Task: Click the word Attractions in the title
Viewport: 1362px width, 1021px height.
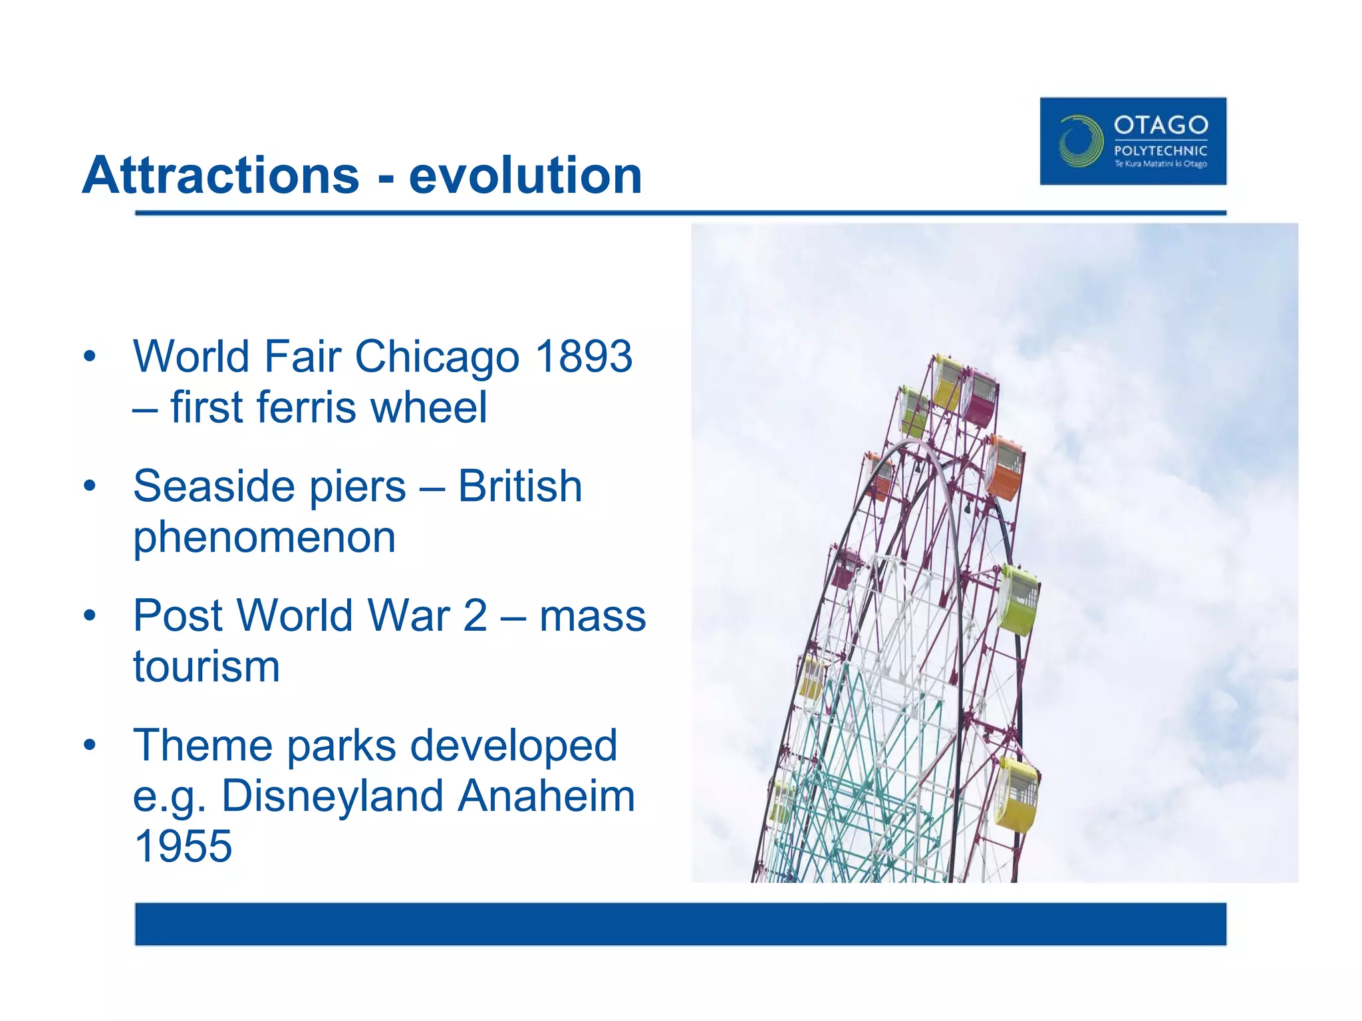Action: (221, 175)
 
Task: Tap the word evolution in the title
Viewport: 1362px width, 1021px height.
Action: (525, 175)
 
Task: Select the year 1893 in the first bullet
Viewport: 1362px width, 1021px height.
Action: (583, 357)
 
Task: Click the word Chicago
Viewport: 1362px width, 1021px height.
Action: (437, 357)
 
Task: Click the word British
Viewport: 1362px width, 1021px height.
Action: (520, 486)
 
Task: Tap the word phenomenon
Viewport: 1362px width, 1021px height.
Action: (264, 537)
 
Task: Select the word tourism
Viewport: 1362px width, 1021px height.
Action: (206, 667)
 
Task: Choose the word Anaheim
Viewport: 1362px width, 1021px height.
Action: (546, 796)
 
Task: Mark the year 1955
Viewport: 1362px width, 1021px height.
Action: (183, 846)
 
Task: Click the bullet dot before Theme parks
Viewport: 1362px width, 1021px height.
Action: (90, 744)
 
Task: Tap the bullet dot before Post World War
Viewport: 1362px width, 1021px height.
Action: (90, 615)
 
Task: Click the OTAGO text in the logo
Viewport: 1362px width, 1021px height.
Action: (1160, 125)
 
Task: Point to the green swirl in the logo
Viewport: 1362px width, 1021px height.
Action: (1079, 141)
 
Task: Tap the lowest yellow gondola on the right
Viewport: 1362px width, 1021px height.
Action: (1017, 795)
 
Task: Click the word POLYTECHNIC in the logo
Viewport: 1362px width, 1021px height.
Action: (1160, 151)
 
